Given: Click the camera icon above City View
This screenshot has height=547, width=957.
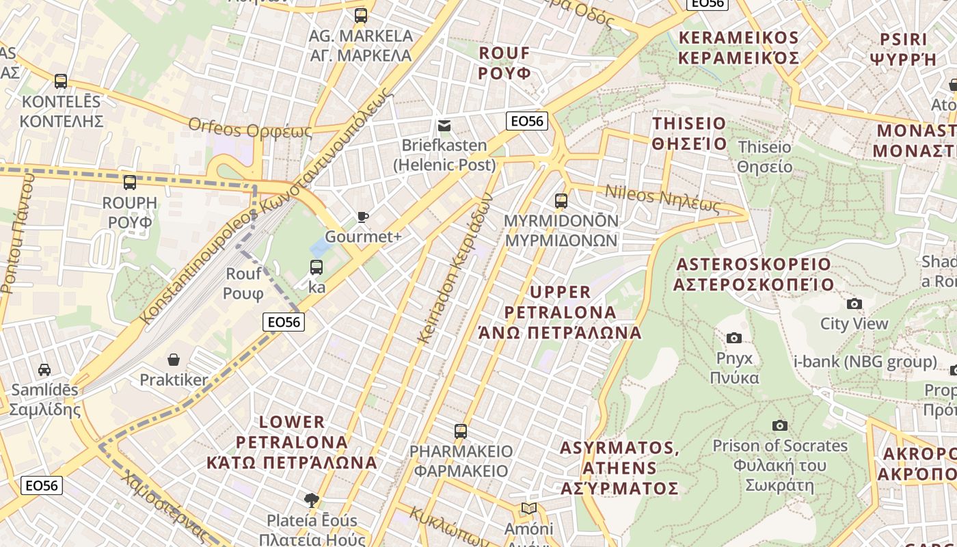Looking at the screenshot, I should coord(854,304).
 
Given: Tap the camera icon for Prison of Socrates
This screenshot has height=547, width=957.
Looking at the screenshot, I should coord(779,425).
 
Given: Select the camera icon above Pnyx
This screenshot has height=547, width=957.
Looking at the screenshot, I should coord(734,338).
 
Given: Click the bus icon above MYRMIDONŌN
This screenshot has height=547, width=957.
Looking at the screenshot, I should coord(561,200).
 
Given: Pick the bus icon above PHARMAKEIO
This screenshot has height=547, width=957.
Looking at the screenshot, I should coord(461,431).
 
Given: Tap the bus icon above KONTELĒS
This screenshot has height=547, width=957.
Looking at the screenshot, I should coord(61,81).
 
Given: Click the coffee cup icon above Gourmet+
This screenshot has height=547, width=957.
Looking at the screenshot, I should coord(362,217).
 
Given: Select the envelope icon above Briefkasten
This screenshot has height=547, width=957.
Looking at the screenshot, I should coord(444,125).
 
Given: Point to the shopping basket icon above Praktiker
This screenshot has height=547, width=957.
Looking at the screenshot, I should coord(174,359).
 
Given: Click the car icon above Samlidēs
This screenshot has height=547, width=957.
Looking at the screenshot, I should coord(44,370).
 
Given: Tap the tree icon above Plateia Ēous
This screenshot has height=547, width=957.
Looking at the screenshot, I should coord(312,500).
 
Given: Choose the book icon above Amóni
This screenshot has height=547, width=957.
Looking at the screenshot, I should coord(528,508).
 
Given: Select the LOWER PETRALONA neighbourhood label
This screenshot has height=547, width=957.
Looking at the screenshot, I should coord(292,442).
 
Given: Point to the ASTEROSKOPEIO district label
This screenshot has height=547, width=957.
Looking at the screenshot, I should coord(753,274).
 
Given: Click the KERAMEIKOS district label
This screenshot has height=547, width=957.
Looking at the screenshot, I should coord(738,47).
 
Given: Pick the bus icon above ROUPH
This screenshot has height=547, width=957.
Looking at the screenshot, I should coord(129,183).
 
